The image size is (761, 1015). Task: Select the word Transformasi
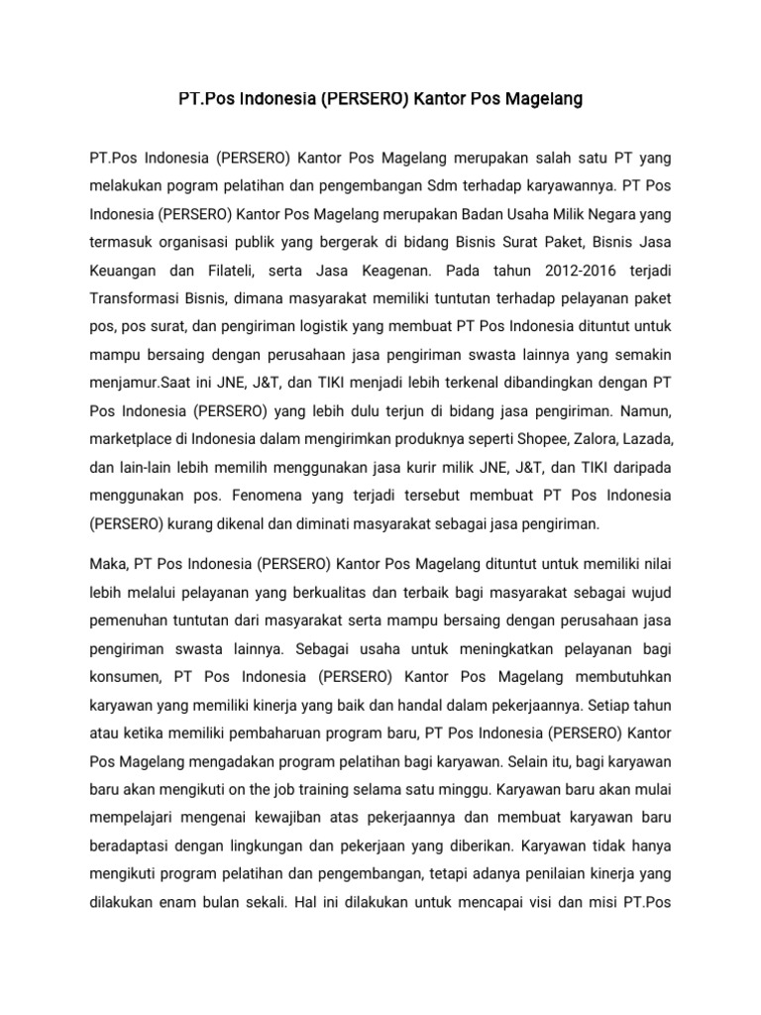click(135, 298)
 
